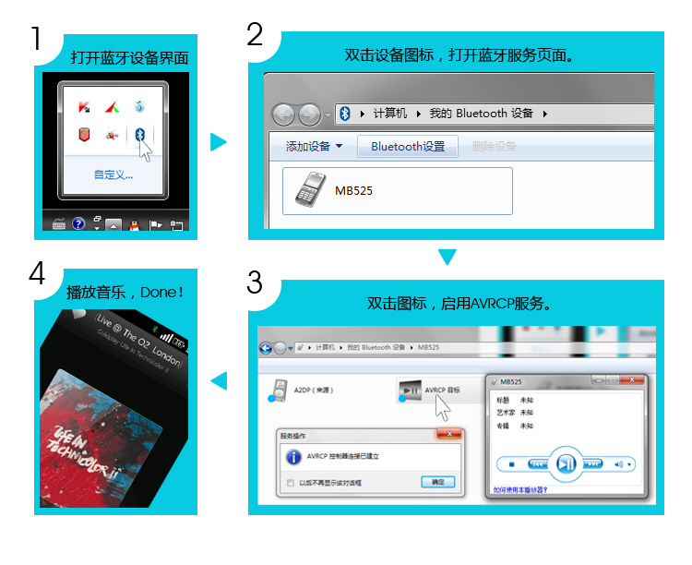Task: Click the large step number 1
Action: (x=36, y=40)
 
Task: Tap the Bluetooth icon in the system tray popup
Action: (x=139, y=135)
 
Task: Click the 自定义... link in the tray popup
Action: (x=113, y=174)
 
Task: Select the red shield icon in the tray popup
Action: (x=85, y=135)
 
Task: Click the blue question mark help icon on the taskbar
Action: (x=78, y=223)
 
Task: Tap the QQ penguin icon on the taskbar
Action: (x=134, y=223)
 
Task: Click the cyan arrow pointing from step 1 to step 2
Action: (x=218, y=141)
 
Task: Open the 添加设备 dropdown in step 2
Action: (x=314, y=146)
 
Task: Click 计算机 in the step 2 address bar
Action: (x=389, y=113)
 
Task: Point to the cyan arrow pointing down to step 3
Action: (x=447, y=258)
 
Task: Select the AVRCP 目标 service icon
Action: (x=409, y=391)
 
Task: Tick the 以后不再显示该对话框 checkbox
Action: (x=291, y=482)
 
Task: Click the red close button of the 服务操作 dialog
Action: (x=448, y=433)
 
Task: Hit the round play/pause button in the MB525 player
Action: (x=566, y=463)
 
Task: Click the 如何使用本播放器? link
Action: (x=519, y=490)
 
